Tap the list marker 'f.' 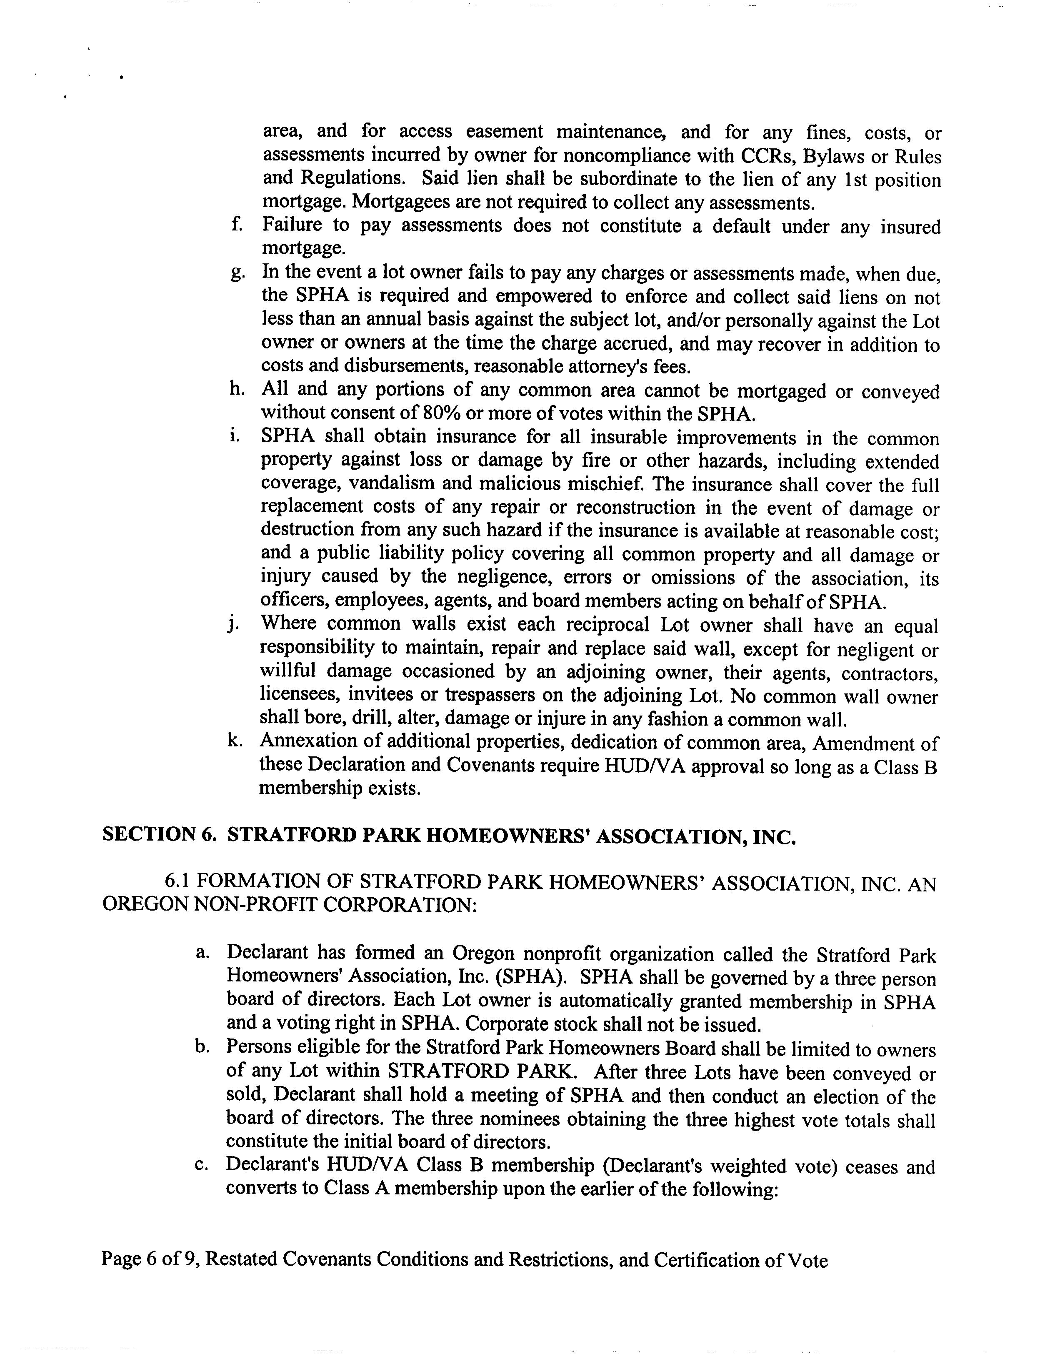(x=236, y=223)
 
